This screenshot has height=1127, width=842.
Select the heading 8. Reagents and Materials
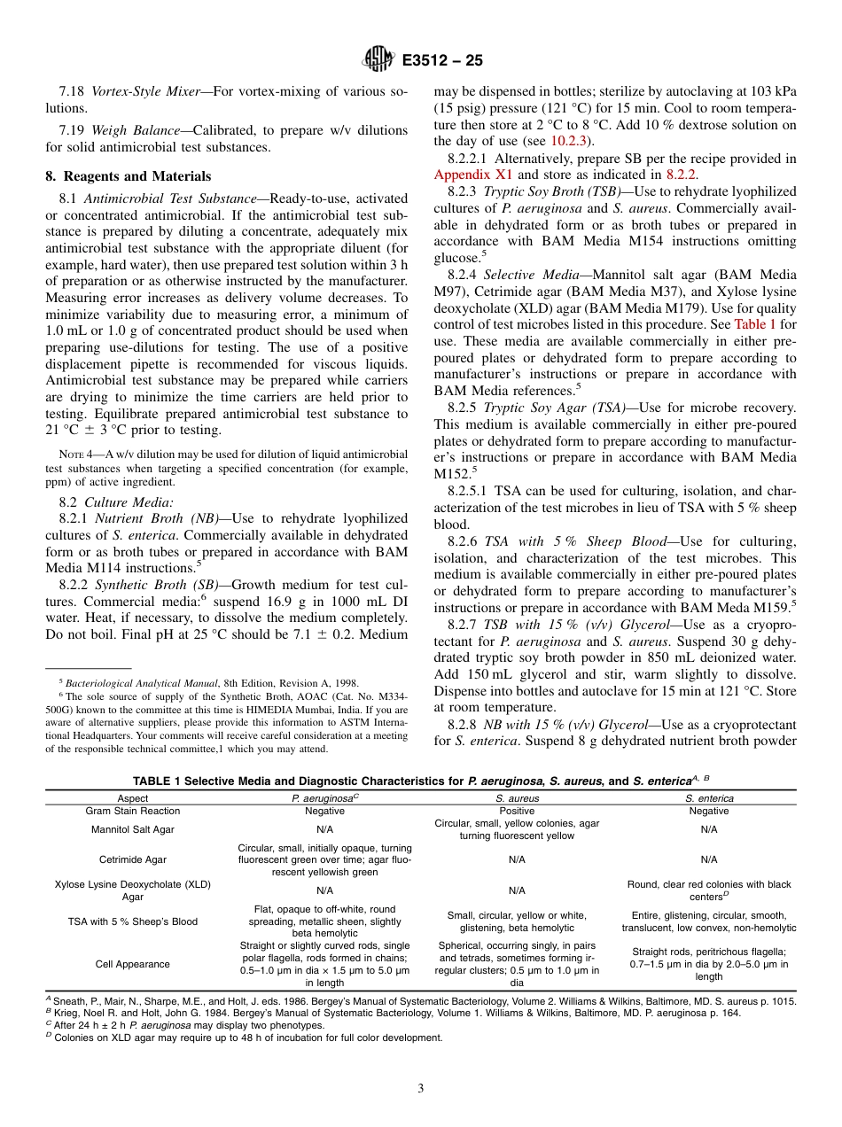coord(128,176)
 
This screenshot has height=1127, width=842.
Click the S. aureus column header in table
coord(517,798)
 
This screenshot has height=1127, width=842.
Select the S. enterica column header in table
coord(708,798)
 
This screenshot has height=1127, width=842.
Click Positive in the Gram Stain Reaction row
coord(517,811)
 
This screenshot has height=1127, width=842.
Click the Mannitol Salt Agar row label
coord(133,829)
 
